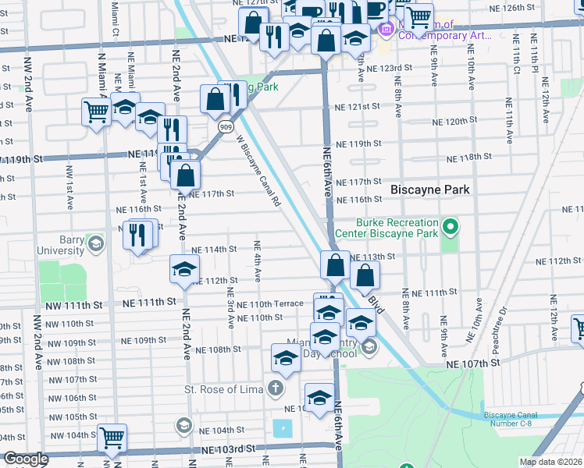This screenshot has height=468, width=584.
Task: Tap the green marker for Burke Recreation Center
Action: tap(450, 228)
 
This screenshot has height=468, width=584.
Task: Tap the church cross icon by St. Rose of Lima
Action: tap(275, 388)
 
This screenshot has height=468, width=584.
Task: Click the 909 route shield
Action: tap(225, 126)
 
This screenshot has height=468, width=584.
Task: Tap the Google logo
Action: tap(26, 459)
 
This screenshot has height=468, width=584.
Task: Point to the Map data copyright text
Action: tap(551, 462)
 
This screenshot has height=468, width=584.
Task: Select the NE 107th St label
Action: tap(472, 364)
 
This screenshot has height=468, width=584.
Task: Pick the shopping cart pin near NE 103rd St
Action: tap(112, 438)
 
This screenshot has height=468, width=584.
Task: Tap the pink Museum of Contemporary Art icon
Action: tap(385, 30)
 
